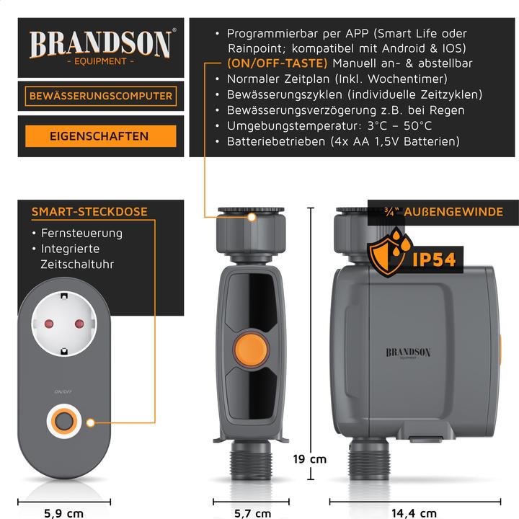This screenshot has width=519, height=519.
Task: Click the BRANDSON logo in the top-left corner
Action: [101, 45]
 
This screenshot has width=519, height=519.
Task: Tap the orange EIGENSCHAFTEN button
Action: [100, 136]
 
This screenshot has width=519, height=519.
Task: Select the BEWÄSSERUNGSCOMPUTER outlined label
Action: [100, 96]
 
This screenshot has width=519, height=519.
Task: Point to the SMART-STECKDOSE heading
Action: [89, 212]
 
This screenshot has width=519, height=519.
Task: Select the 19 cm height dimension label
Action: [309, 458]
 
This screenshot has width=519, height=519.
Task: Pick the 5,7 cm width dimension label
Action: [252, 513]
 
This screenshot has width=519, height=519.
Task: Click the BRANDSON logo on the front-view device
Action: [408, 353]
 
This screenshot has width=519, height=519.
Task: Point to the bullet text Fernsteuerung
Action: [81, 234]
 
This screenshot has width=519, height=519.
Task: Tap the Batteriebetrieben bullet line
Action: [342, 142]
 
